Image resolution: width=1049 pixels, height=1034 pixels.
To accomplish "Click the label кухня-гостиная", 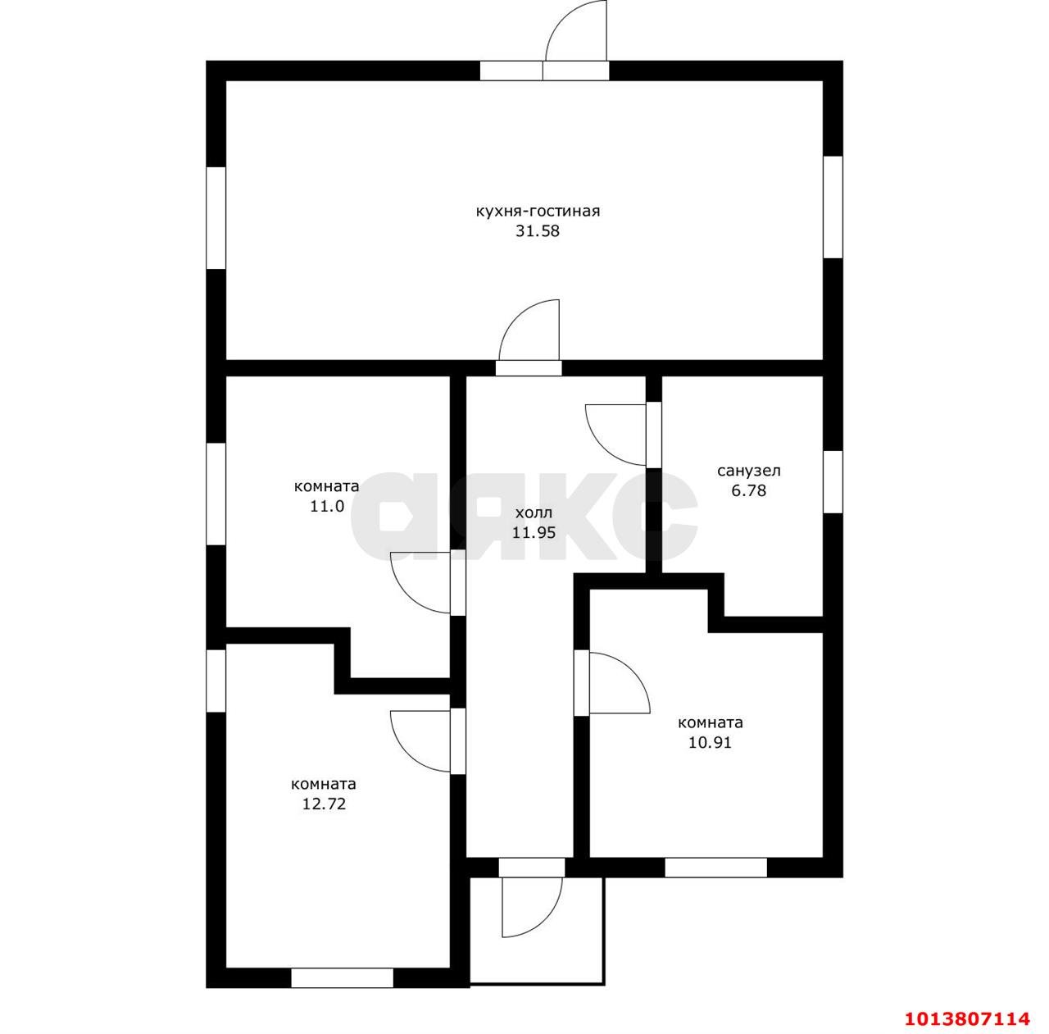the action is pyautogui.click(x=538, y=212).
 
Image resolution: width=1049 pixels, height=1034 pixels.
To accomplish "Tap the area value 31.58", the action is pyautogui.click(x=538, y=231).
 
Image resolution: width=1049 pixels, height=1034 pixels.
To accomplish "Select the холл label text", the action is pyautogui.click(x=534, y=512).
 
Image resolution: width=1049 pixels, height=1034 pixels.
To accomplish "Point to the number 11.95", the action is pyautogui.click(x=534, y=532).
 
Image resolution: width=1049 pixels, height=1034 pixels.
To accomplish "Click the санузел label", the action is pyautogui.click(x=748, y=471).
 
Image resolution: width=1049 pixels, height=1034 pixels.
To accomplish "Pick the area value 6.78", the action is pyautogui.click(x=748, y=490).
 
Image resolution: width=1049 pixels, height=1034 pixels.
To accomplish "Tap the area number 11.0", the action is pyautogui.click(x=327, y=506).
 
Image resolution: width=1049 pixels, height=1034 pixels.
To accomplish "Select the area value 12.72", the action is pyautogui.click(x=324, y=804).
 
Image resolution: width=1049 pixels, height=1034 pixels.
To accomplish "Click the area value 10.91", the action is pyautogui.click(x=710, y=743).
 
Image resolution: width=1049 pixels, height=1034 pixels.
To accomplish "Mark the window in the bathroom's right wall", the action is pyautogui.click(x=833, y=481).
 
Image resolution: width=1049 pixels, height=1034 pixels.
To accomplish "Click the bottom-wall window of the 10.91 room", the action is pyautogui.click(x=715, y=868).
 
